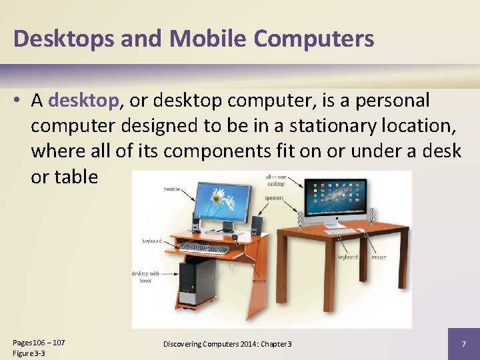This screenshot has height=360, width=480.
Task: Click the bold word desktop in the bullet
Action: tap(83, 101)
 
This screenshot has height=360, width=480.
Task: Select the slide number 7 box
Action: tap(463, 343)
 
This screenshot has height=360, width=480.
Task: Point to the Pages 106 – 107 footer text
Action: tap(39, 342)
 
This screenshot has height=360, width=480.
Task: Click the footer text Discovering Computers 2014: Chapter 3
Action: tap(227, 343)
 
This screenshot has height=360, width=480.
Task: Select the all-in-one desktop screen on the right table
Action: tap(335, 200)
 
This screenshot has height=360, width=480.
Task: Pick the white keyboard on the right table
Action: tap(339, 231)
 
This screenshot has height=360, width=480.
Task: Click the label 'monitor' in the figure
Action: tap(172, 189)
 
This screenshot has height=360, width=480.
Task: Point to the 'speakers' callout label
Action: tap(273, 197)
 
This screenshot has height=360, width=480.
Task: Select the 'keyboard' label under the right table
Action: tap(347, 257)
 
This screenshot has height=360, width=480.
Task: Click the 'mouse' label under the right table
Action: tap(379, 257)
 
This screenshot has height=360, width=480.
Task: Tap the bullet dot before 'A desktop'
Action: tap(17, 101)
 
